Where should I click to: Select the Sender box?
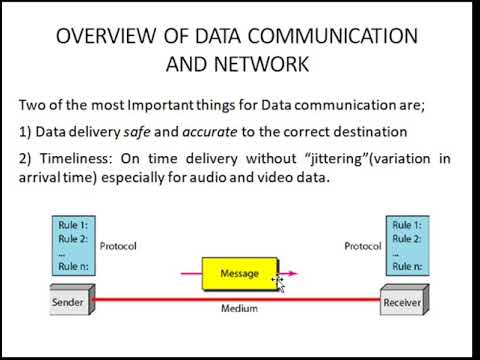point(69,299)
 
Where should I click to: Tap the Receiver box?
point(402,299)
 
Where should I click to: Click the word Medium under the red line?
point(239,309)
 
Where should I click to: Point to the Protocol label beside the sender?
point(119,246)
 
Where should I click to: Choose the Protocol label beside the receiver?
point(361,246)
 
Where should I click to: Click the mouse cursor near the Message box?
point(280,284)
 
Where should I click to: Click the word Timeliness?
point(75,159)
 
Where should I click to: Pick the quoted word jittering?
point(330,159)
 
